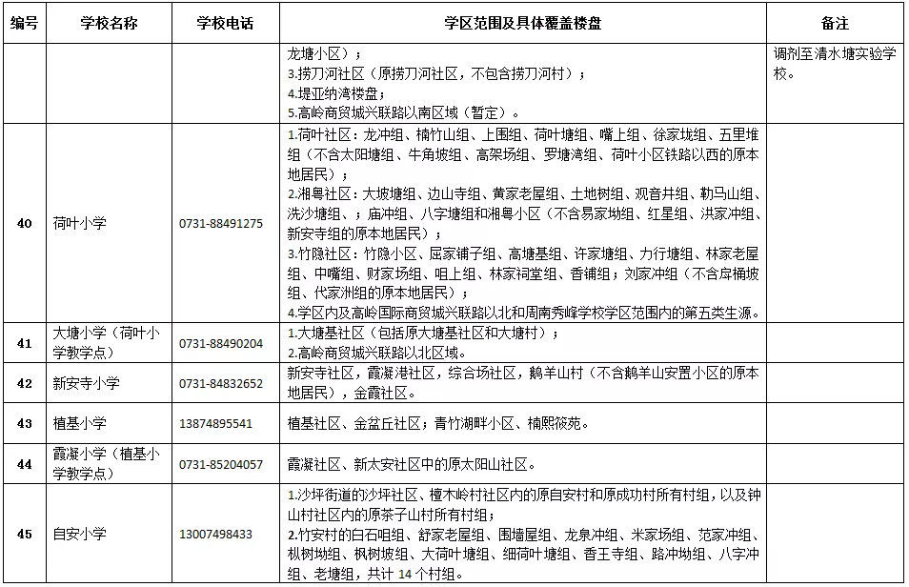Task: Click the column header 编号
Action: point(24,23)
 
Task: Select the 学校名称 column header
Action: point(109,23)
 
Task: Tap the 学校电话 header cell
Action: point(225,23)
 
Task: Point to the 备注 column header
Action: point(834,23)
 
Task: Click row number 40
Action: point(25,223)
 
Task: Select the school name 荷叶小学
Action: point(80,223)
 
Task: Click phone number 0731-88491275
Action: point(221,223)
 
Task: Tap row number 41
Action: point(25,343)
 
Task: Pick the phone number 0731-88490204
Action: point(221,343)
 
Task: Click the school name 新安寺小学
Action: point(87,383)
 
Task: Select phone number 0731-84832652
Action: point(221,383)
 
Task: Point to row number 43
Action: point(25,423)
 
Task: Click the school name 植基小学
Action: point(80,423)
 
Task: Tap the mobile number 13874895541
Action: point(215,423)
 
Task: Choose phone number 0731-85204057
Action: point(221,464)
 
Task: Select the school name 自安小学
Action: point(80,534)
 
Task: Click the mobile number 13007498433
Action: point(215,534)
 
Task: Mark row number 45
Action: point(25,534)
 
